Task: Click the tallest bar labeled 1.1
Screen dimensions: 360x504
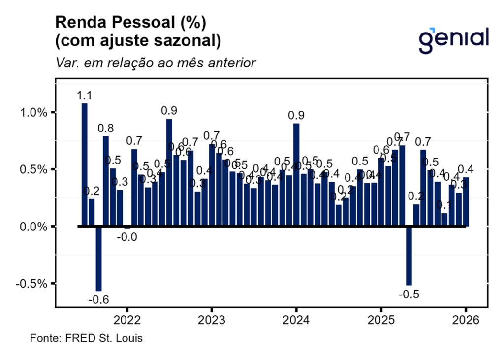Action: pyautogui.click(x=85, y=165)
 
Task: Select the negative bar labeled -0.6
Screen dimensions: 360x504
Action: pyautogui.click(x=98, y=259)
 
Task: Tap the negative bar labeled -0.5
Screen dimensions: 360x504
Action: pyautogui.click(x=409, y=256)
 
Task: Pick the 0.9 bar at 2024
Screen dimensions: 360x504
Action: pyautogui.click(x=296, y=175)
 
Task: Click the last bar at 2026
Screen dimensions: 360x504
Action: pyautogui.click(x=466, y=202)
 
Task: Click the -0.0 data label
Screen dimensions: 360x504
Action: pyautogui.click(x=127, y=237)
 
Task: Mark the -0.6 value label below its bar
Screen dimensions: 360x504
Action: pyautogui.click(x=98, y=299)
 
